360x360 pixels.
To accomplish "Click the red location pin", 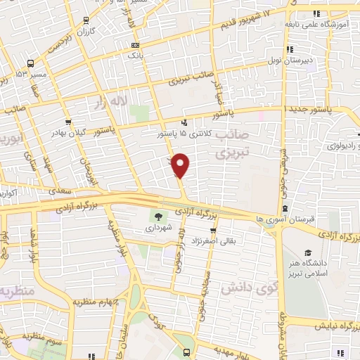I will (x=181, y=165).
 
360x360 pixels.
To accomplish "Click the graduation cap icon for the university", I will (x=307, y=252).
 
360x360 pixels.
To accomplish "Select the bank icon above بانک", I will (x=135, y=43).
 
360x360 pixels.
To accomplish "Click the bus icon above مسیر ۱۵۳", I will (x=19, y=63).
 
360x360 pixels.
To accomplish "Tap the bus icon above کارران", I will (x=85, y=21).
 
